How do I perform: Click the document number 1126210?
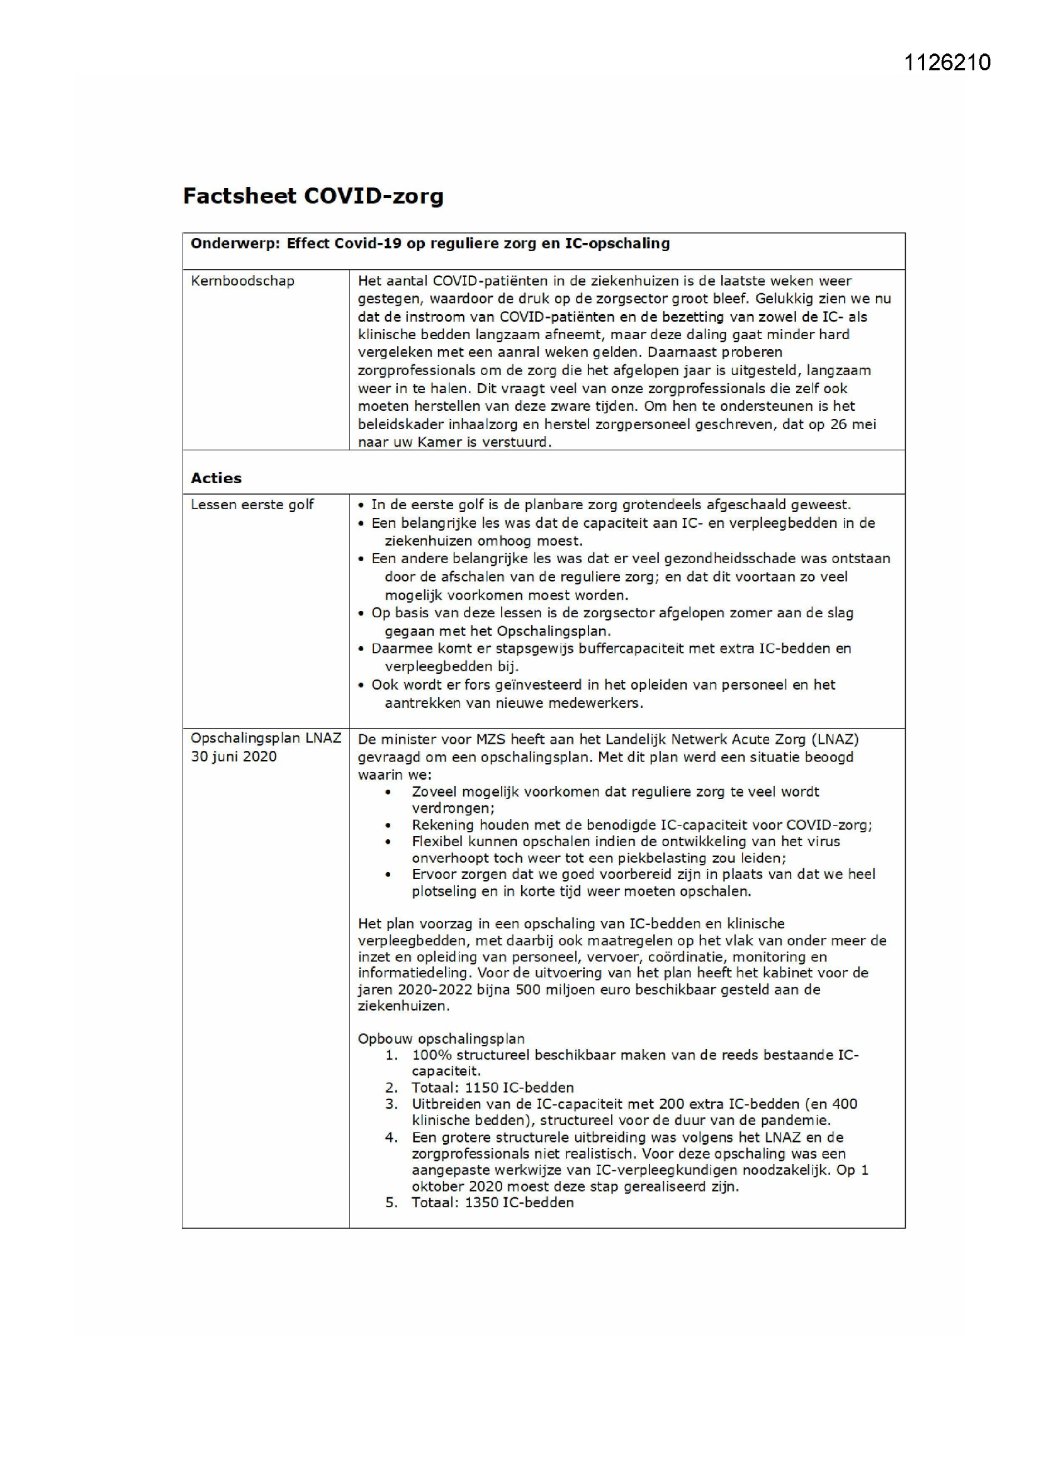coord(947,62)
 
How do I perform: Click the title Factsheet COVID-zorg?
coord(313,196)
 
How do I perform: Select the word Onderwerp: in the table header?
coord(235,243)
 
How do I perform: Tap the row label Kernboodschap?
coord(242,281)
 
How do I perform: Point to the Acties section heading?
coord(216,478)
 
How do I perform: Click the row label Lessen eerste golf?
coord(252,504)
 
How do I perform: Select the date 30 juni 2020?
coord(234,756)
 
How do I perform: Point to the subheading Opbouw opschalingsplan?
coord(441,1039)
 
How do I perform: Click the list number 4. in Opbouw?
coord(391,1137)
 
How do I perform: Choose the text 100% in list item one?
coord(428,1055)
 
